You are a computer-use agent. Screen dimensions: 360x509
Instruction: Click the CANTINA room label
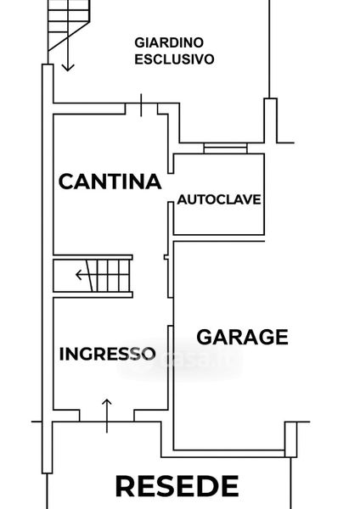[x=110, y=182]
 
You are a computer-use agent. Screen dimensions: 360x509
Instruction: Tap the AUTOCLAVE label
[x=219, y=199]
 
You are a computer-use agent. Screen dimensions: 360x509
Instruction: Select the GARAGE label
[x=242, y=337]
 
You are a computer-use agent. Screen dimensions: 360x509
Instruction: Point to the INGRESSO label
[x=108, y=354]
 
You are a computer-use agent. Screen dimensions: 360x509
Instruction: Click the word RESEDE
[x=177, y=486]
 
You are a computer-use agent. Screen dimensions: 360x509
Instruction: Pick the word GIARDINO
[x=169, y=42]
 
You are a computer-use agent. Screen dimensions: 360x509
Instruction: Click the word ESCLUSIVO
[x=174, y=59]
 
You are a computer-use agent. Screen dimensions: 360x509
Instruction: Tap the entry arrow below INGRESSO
[x=107, y=416]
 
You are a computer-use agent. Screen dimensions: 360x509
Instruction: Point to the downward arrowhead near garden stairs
[x=68, y=68]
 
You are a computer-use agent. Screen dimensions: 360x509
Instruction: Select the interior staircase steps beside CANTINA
[x=93, y=276]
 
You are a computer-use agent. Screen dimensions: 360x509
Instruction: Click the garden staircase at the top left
[x=69, y=25]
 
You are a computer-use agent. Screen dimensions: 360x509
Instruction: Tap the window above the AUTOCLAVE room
[x=226, y=148]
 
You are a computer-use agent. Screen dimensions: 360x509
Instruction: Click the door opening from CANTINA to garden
[x=141, y=109]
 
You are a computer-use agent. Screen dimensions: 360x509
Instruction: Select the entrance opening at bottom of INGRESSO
[x=107, y=416]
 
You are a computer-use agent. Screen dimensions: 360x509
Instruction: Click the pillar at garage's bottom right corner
[x=290, y=439]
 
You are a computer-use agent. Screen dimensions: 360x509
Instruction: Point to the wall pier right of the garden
[x=270, y=120]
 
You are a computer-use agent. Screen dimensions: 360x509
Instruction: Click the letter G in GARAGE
[x=204, y=338]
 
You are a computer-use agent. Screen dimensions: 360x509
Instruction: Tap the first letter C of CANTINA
[x=65, y=182]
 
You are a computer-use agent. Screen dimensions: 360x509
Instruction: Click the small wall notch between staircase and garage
[x=166, y=257]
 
